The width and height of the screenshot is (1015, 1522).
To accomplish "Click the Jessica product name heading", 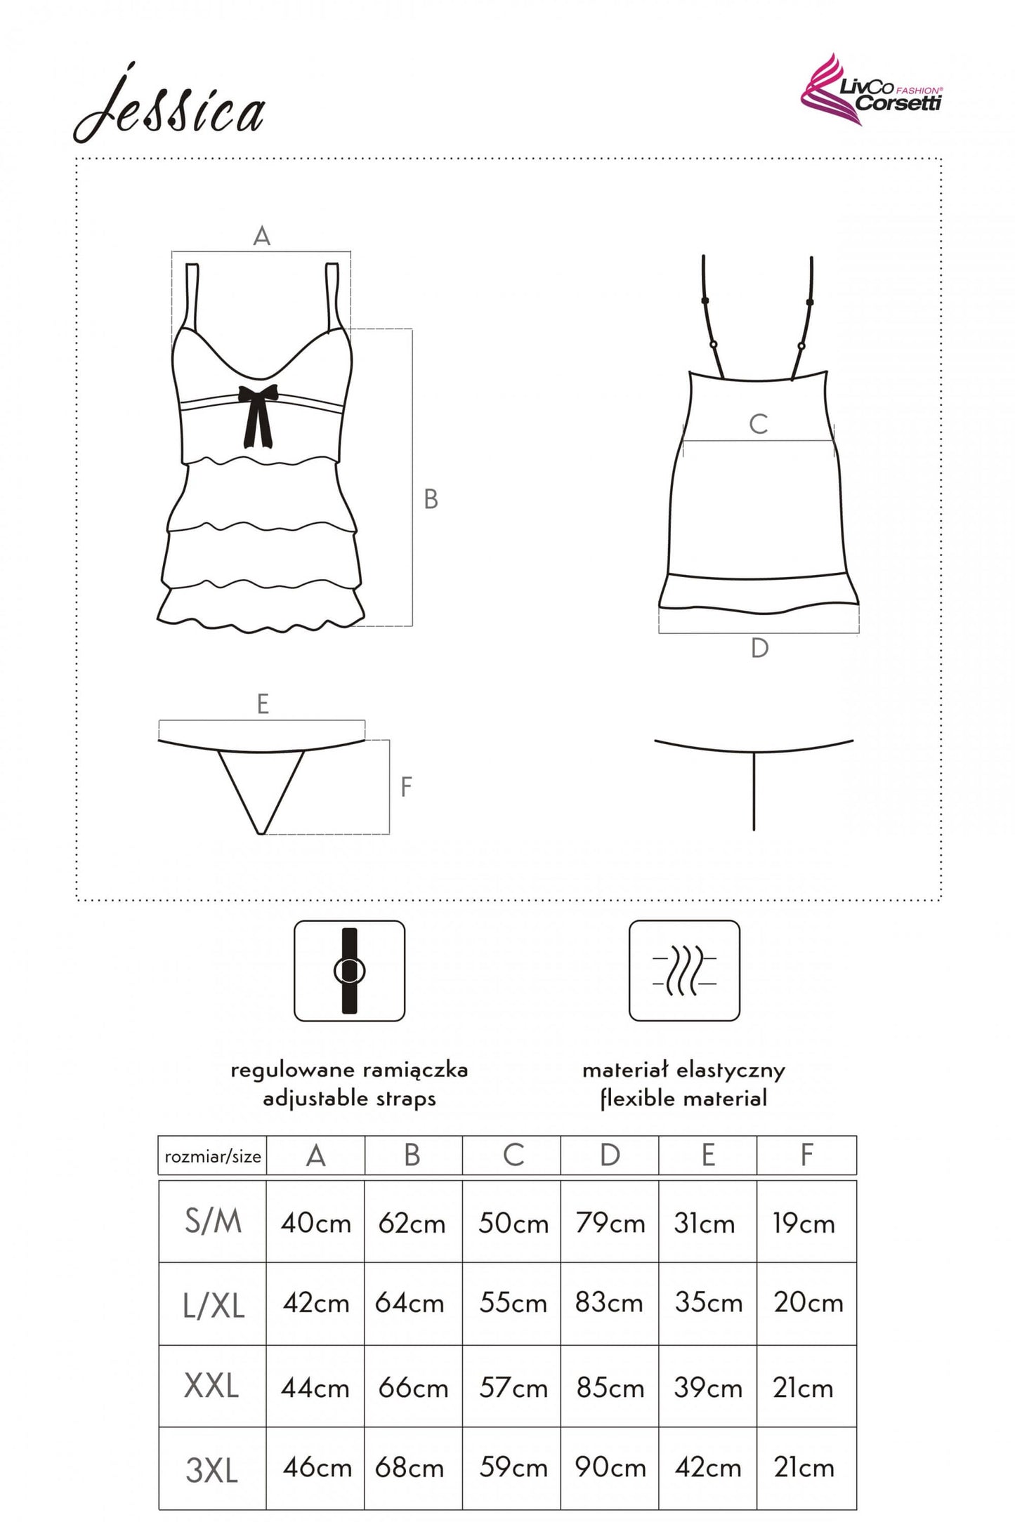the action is (169, 105).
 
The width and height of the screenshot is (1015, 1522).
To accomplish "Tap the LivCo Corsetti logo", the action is (871, 90).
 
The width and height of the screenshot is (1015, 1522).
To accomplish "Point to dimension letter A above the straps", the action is (261, 236).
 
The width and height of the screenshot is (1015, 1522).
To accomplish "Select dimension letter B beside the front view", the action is (431, 499).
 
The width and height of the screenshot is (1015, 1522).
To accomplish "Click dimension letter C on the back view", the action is (758, 423).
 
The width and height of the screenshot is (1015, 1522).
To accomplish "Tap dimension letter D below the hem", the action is (759, 648).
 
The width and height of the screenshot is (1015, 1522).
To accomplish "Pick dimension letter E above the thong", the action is (263, 703).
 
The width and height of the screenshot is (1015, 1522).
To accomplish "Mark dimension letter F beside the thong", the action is (405, 787).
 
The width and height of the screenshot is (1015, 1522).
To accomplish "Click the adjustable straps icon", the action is (349, 970).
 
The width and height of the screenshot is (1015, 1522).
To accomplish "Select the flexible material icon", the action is (684, 970).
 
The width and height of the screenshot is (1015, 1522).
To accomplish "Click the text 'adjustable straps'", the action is (349, 1098).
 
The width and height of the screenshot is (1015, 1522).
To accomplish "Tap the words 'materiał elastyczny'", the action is (683, 1071).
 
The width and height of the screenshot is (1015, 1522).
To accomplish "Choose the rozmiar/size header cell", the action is (212, 1156).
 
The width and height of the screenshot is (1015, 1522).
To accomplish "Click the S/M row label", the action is (213, 1222).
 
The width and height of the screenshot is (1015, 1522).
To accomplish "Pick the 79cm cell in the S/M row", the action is (610, 1223).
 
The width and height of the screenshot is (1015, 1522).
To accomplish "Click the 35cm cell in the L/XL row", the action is (708, 1303).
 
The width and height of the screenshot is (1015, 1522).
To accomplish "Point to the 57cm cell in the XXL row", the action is (513, 1387).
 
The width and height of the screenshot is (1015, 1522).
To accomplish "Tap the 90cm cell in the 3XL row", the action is (610, 1467).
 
